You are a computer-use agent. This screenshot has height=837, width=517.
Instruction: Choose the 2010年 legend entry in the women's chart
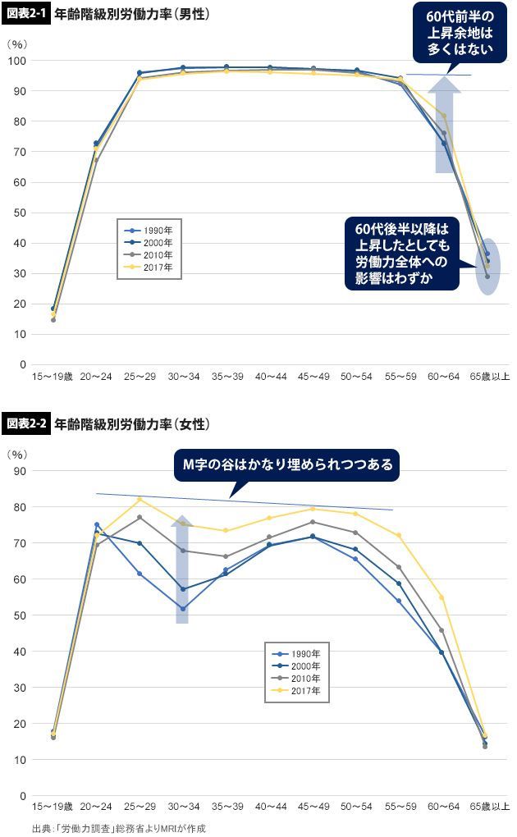pos(299,679)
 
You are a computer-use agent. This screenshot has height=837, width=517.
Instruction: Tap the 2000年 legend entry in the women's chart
pos(299,666)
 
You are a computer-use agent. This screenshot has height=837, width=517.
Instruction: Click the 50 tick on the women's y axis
pos(21,615)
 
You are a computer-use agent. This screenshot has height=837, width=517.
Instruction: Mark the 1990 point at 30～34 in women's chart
pos(182,608)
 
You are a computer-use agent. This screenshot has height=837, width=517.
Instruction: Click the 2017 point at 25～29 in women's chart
pos(140,499)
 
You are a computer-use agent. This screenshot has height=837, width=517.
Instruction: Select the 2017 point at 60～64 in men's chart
pos(444,116)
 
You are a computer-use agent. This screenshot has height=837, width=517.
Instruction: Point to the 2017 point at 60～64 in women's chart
pos(442,597)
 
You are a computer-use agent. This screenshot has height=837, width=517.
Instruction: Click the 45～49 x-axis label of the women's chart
pos(313,807)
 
